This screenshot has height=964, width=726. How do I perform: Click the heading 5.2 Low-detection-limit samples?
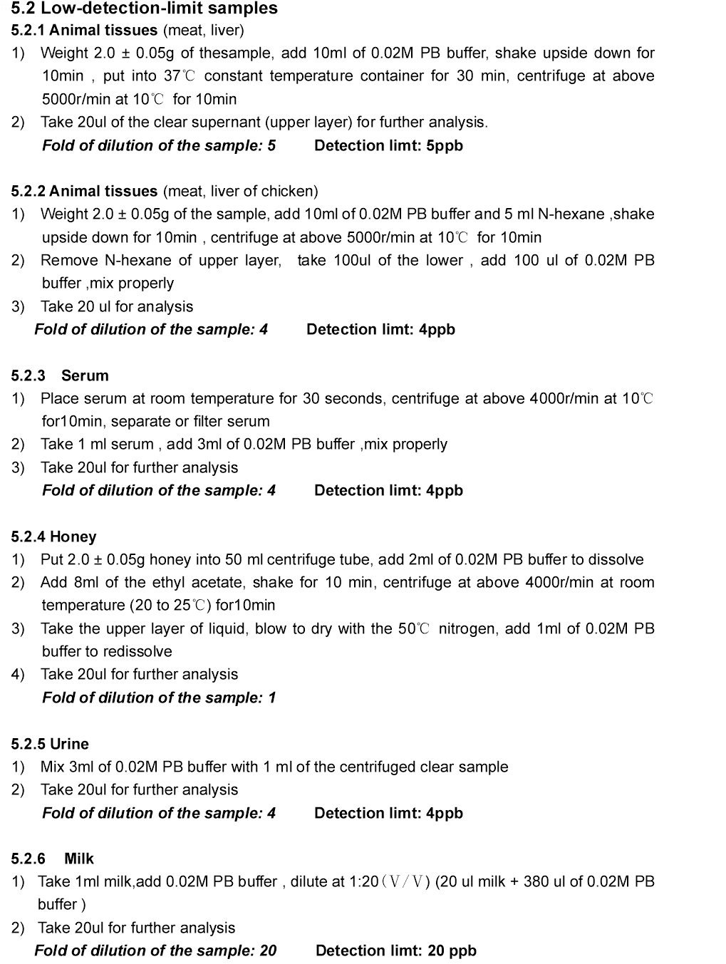(145, 9)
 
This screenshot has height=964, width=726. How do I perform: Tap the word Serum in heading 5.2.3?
(85, 375)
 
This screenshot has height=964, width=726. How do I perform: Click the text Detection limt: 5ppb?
(388, 145)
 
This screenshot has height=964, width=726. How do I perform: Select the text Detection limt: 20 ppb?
(395, 950)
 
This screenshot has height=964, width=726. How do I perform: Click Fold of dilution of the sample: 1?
(159, 698)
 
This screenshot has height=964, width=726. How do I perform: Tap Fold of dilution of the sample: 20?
(155, 950)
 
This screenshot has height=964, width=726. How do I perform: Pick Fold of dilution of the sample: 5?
(159, 145)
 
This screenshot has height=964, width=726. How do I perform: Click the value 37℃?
(180, 76)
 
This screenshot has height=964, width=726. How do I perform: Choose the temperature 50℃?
(414, 628)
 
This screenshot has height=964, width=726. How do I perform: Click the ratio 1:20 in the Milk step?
(364, 881)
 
